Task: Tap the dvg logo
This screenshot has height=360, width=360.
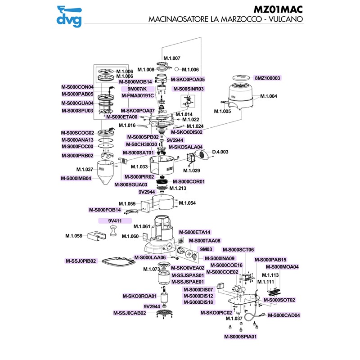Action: pos(69,16)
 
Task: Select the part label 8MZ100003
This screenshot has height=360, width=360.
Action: pos(267,78)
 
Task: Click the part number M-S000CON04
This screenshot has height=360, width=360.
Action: pos(77,87)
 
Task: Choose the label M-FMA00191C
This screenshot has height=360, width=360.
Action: pos(138,95)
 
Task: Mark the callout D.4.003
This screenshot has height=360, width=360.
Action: pos(220,152)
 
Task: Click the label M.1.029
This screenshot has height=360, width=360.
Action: pos(192,171)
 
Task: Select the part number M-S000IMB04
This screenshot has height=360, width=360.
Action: pos(76,178)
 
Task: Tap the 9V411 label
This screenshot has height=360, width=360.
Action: pos(115,221)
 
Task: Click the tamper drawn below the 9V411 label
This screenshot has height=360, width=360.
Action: pos(113,233)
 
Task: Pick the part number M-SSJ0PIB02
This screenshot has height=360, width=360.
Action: pos(81,261)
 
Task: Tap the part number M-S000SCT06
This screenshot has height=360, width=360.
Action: pos(238,250)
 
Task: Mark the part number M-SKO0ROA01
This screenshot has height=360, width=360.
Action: pos(139,296)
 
